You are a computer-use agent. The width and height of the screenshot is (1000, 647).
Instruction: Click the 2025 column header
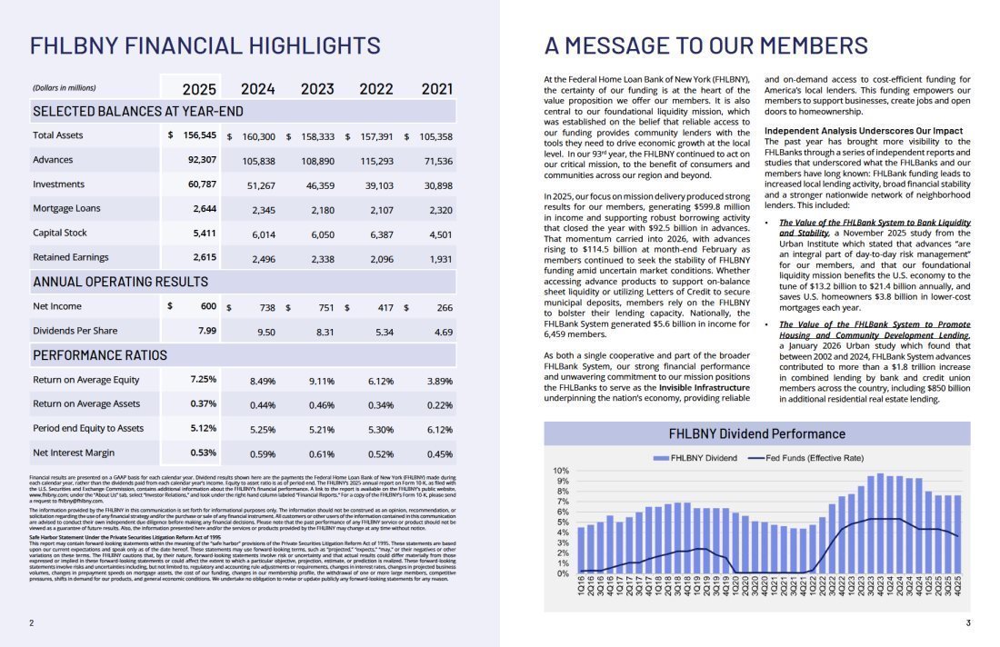click(x=199, y=88)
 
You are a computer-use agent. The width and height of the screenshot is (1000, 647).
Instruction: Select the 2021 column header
click(x=436, y=88)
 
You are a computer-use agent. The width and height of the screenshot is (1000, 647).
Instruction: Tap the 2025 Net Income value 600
click(x=207, y=306)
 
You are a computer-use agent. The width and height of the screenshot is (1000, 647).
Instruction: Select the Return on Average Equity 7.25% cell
click(x=203, y=379)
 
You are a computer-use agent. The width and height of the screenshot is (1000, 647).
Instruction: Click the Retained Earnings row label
click(x=71, y=257)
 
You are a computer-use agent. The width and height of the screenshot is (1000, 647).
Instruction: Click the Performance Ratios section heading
click(x=100, y=354)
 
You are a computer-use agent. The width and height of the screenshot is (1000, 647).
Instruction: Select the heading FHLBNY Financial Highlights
click(x=205, y=45)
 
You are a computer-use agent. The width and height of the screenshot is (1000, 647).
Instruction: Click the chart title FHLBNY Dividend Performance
click(x=756, y=433)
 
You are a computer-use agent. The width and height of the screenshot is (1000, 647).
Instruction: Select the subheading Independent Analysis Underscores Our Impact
click(x=862, y=131)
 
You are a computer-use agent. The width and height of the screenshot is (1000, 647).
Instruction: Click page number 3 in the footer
click(x=968, y=622)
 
